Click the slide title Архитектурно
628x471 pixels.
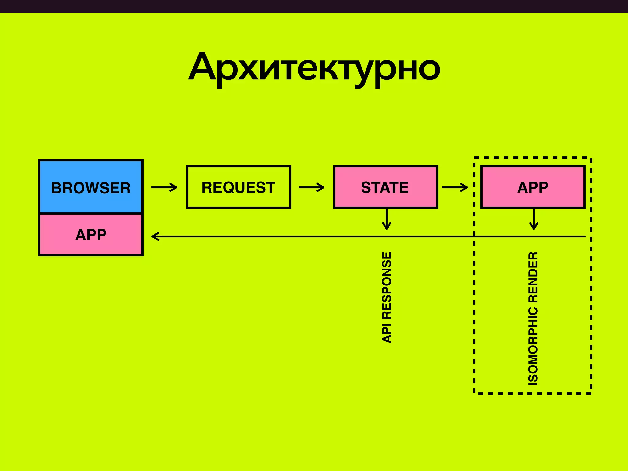[314, 67]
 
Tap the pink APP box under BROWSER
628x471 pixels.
[91, 235]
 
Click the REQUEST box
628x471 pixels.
[238, 187]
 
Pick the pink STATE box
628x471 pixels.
[385, 187]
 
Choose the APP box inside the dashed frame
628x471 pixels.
[533, 187]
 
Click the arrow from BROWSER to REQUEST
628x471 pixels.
[164, 187]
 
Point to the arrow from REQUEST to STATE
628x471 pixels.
[312, 187]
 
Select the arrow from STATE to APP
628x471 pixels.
[455, 187]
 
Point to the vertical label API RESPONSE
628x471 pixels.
[387, 297]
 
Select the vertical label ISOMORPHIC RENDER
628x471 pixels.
[533, 319]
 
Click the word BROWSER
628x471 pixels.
[91, 188]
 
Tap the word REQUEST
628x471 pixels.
[238, 187]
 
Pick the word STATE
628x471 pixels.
[385, 187]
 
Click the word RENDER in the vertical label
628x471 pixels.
[533, 277]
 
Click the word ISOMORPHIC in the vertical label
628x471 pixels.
[533, 346]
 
